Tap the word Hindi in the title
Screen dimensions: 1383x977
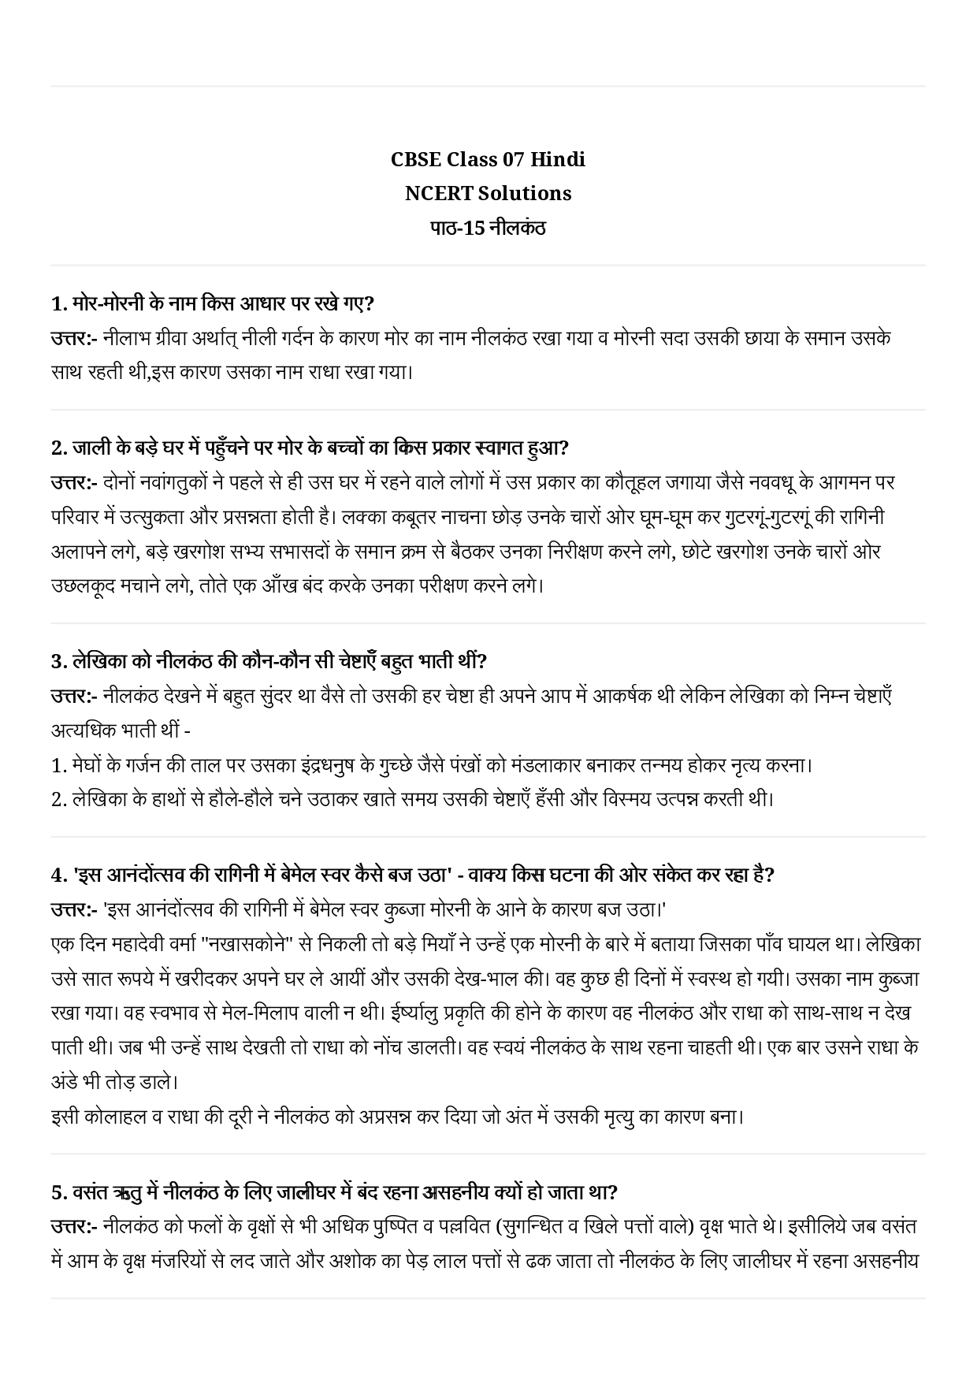coord(557,159)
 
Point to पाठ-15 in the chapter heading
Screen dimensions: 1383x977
coord(455,229)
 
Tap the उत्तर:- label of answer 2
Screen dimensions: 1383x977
coord(73,481)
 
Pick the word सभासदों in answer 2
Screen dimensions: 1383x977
coord(291,552)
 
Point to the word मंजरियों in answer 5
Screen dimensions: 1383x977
coord(180,1262)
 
